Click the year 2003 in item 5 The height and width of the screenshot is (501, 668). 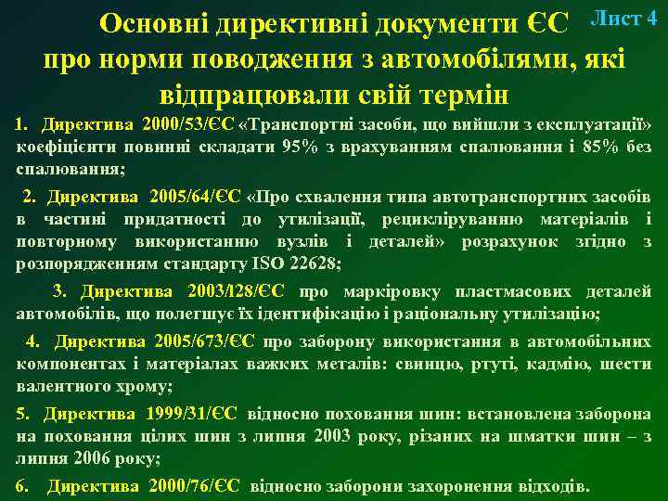point(333,436)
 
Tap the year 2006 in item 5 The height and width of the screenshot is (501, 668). point(81,458)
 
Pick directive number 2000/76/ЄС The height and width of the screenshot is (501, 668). point(196,486)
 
